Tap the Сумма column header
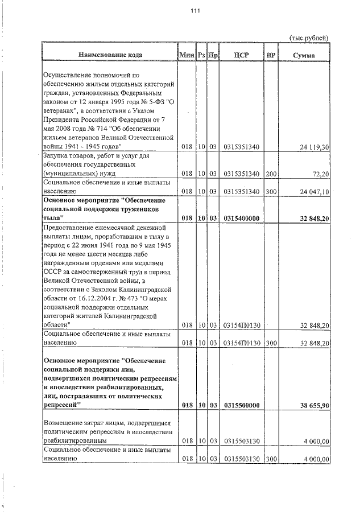pyautogui.click(x=304, y=55)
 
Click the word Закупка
pyautogui.click(x=57, y=155)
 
